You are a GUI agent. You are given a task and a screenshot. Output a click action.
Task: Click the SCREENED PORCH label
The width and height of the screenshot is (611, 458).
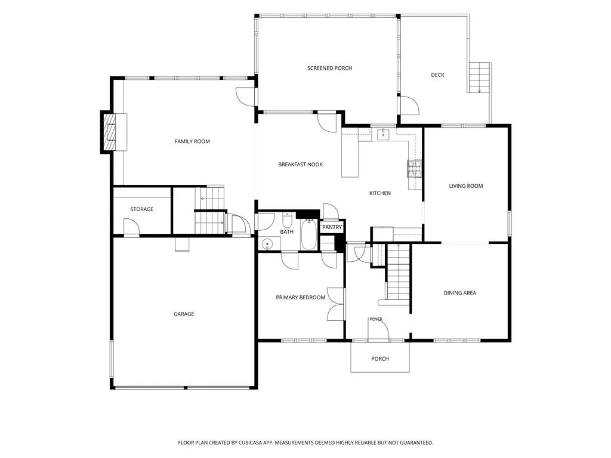tap(329, 68)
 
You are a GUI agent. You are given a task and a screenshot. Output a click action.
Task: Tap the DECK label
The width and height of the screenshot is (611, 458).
tap(437, 75)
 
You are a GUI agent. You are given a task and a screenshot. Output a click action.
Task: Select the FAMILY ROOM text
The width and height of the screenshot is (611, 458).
tap(192, 141)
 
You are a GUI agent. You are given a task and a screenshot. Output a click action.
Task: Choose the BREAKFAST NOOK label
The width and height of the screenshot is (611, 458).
tap(301, 165)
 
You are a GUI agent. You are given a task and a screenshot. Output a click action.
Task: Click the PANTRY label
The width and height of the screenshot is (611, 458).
tap(332, 227)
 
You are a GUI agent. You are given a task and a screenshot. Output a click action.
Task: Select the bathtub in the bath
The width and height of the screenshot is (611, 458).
tap(308, 234)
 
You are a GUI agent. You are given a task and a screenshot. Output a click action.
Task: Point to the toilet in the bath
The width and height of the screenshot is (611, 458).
tap(287, 220)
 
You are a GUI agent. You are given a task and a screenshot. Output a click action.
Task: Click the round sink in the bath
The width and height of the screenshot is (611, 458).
tap(267, 244)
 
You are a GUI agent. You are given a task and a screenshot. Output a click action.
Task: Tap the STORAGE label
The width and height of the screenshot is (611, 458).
tap(142, 209)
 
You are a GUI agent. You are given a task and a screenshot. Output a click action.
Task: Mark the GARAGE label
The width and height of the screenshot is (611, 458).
tap(184, 314)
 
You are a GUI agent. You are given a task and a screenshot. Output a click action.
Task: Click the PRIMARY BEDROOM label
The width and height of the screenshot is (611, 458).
tap(301, 298)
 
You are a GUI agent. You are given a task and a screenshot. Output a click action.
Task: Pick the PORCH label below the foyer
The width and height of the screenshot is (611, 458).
tap(380, 358)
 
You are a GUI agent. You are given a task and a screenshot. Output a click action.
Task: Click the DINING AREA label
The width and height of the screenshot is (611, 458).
tap(460, 293)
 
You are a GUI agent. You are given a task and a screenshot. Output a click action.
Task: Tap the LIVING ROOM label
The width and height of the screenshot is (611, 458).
tap(465, 186)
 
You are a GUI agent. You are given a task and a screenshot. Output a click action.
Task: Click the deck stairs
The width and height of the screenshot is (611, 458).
tap(479, 78)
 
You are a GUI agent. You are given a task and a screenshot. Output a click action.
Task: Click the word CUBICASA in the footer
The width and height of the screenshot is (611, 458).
tap(254, 443)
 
